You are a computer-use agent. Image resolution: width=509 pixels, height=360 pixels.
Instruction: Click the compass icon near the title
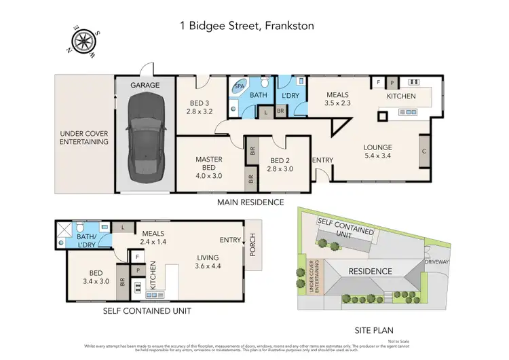(83, 39)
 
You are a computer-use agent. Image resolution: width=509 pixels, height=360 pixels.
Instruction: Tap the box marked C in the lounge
(424, 151)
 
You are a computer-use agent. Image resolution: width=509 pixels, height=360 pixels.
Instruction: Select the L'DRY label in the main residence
(291, 95)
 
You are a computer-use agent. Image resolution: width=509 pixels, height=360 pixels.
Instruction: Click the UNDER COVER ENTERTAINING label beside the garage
(84, 137)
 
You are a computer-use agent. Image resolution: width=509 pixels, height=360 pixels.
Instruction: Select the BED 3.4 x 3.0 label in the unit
(94, 277)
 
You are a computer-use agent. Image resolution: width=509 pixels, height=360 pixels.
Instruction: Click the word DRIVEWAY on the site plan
(437, 260)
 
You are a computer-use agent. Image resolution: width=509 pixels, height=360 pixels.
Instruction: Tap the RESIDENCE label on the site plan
(370, 272)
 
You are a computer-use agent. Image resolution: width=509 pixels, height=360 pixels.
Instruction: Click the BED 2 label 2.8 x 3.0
(280, 165)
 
